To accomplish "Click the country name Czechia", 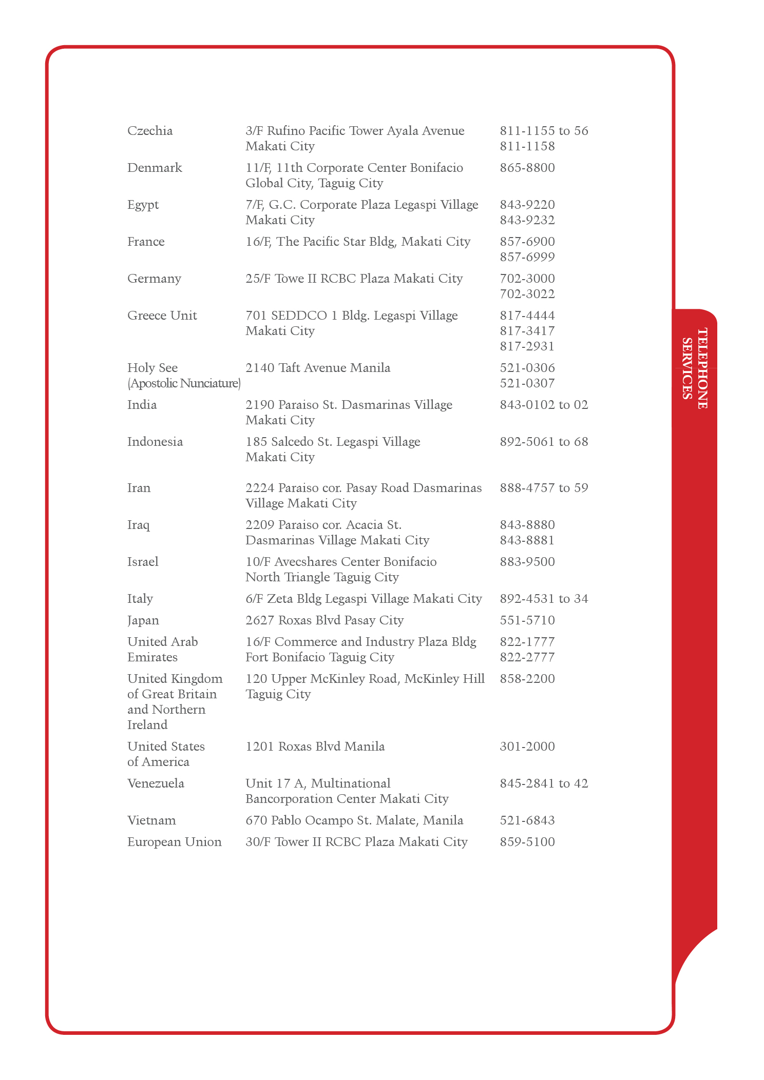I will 150,131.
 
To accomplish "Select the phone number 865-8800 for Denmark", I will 527,168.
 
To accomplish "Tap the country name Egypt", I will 143,205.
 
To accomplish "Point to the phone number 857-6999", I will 527,257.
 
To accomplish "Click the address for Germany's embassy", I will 354,279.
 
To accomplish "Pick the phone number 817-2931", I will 527,346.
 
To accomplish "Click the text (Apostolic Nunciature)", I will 184,383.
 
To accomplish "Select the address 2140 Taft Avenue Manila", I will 318,368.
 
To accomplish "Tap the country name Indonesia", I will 155,442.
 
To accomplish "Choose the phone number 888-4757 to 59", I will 544,488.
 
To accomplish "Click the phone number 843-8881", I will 527,540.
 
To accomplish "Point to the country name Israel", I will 143,562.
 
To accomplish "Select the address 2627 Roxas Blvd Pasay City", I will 324,620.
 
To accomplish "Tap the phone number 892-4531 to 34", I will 544,599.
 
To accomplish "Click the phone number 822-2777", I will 527,657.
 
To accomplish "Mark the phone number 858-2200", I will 527,679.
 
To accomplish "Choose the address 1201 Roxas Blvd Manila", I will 315,747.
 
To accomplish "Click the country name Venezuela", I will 156,783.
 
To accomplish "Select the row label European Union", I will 175,842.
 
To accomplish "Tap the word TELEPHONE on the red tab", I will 702,368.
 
